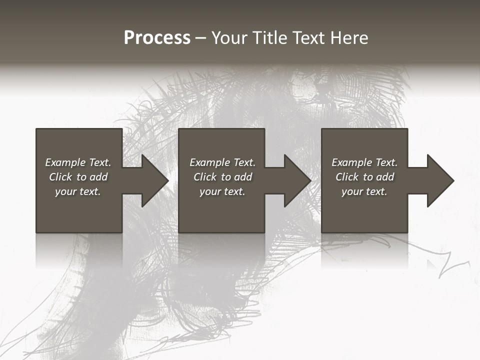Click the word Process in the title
pos(157,38)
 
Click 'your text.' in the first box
pos(78,191)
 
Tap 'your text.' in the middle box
pos(222,191)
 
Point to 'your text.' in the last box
pos(364,191)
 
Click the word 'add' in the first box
pos(98,177)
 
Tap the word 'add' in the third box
pos(385,177)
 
